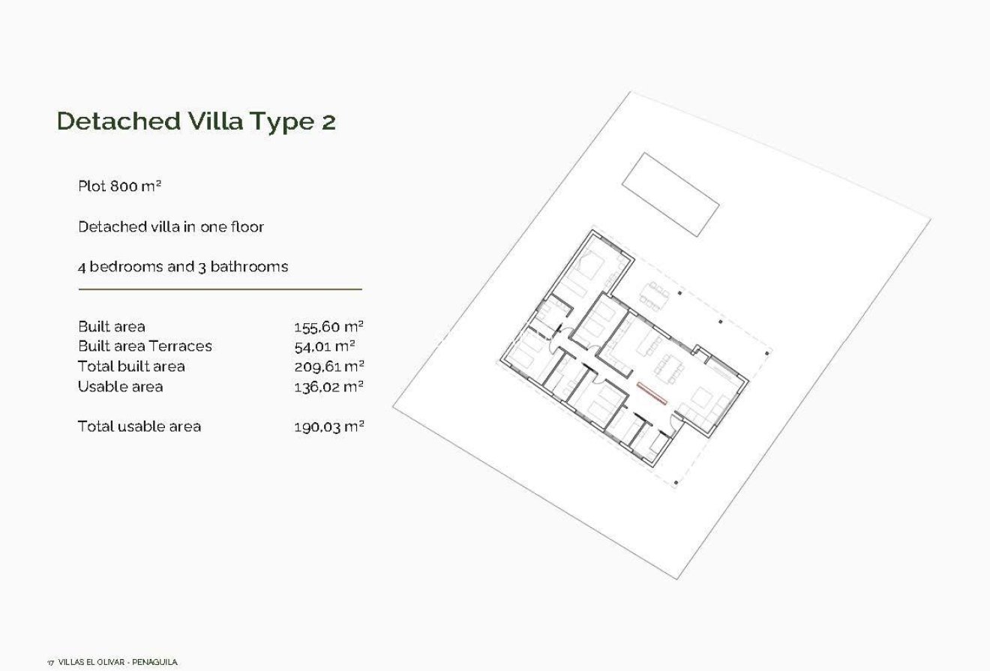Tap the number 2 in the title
click(x=328, y=122)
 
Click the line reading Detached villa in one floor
click(x=171, y=226)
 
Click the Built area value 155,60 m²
click(x=328, y=327)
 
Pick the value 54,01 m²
click(x=324, y=346)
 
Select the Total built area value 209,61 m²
click(x=328, y=367)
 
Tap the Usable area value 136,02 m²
click(x=328, y=387)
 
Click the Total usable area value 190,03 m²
click(x=328, y=427)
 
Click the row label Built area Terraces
click(x=145, y=346)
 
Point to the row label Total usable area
click(x=139, y=427)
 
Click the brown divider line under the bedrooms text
click(x=220, y=289)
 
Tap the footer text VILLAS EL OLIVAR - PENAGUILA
click(x=118, y=662)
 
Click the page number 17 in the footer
click(x=50, y=663)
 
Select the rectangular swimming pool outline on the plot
click(x=670, y=194)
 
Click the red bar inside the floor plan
click(x=652, y=393)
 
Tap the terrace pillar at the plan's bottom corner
click(x=676, y=483)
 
